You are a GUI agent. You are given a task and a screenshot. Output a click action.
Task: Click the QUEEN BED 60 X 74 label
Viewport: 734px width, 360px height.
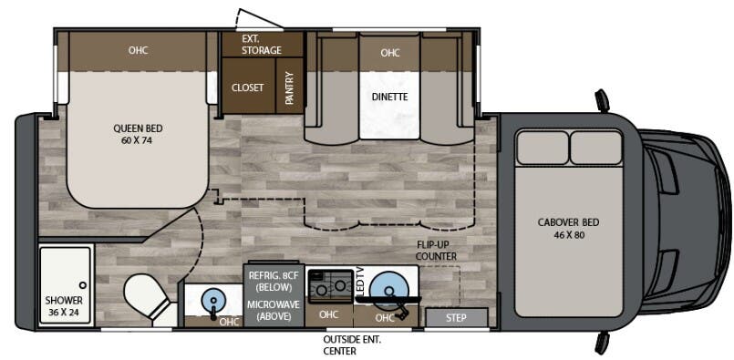[137, 135]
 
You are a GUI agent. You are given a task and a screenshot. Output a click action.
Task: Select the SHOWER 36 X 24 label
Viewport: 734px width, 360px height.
[64, 305]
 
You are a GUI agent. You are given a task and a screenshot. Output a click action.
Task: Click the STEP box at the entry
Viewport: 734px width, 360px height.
[456, 318]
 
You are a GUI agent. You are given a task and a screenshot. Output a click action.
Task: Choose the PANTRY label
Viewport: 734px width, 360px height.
[290, 88]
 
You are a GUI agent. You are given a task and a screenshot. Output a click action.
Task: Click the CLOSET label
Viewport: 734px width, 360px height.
[247, 88]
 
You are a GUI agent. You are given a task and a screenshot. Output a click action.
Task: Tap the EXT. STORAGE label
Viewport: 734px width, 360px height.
[261, 45]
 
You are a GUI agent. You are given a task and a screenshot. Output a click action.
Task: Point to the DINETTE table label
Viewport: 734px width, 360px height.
[389, 97]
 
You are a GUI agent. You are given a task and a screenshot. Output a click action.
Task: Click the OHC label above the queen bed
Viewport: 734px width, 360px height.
[137, 50]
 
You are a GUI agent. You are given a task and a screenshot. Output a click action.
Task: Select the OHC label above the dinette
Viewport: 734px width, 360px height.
[390, 53]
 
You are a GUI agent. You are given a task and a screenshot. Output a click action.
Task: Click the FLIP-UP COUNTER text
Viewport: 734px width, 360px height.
[434, 251]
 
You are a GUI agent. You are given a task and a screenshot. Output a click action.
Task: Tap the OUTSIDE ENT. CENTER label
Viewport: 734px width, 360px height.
[353, 345]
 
